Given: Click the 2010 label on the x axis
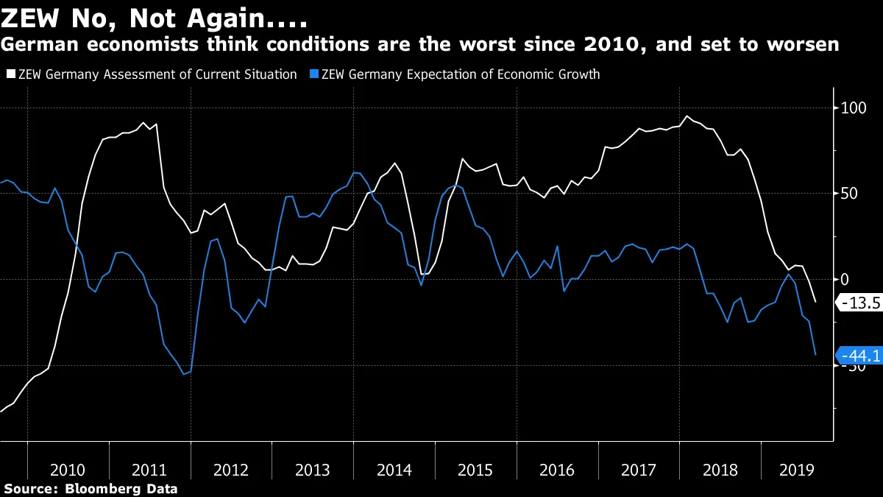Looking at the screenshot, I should pos(68,469).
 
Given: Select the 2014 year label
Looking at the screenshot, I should pos(393,469).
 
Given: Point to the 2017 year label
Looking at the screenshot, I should pos(637,469).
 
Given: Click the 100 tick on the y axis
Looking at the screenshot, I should pos(854,108).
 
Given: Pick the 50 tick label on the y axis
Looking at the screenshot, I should pos(850,194).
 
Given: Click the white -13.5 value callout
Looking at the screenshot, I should pos(859,302).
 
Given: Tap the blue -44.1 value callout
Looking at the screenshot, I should pos(859,356).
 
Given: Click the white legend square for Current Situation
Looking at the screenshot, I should pos(10,74).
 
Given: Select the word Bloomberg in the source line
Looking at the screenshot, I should pos(100,487).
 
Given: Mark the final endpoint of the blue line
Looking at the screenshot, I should pos(815,355).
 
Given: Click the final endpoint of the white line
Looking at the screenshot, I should pos(815,302).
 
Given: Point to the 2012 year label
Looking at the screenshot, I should pos(230,469).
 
